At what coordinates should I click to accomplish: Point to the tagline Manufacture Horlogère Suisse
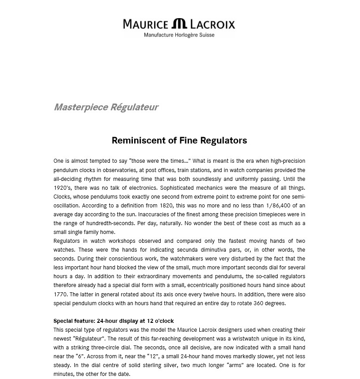tap(179, 35)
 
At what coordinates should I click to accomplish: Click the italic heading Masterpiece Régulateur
tap(106, 107)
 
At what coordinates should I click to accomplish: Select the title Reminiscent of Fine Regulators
tap(179, 141)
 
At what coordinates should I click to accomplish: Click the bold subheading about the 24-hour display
tap(114, 321)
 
